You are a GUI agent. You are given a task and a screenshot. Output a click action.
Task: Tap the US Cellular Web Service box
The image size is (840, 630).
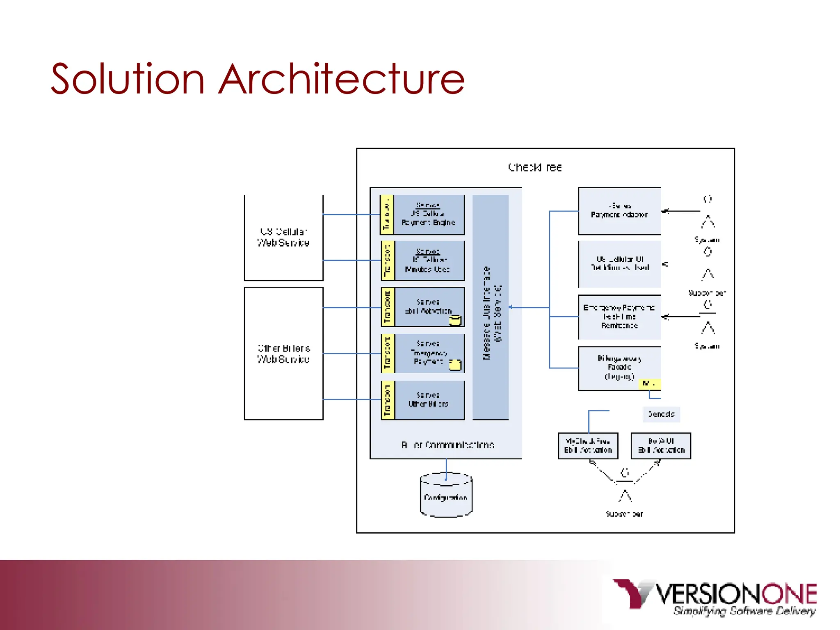[283, 237]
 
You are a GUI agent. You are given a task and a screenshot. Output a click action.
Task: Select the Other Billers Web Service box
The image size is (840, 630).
[283, 353]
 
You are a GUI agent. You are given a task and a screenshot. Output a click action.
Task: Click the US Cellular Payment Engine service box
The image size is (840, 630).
[429, 215]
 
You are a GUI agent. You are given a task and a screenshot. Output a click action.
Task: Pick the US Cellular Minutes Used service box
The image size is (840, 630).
[429, 261]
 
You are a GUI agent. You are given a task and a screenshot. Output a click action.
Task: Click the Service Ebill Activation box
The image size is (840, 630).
[429, 307]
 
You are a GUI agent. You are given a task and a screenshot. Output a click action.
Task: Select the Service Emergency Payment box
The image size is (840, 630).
[429, 353]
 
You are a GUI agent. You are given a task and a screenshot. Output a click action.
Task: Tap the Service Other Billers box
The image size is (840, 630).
[429, 400]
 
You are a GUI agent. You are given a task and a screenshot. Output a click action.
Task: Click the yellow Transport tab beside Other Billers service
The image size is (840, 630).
[388, 400]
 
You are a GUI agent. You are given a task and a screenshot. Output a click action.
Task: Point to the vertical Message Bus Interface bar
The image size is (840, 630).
[491, 307]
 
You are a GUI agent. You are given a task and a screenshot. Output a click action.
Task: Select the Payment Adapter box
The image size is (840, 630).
[619, 211]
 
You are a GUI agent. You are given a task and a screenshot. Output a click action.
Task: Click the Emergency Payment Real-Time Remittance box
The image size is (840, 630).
[619, 317]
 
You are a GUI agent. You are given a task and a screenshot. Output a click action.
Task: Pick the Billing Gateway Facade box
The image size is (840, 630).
[619, 368]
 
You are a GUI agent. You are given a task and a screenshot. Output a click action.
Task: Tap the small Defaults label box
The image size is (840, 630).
[661, 414]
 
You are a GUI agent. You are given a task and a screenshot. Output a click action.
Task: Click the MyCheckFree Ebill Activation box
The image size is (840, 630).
[588, 446]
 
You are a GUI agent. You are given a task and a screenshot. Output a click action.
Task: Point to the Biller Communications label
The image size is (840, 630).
[447, 445]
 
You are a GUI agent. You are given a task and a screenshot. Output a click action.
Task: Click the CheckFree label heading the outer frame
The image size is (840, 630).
[535, 167]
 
